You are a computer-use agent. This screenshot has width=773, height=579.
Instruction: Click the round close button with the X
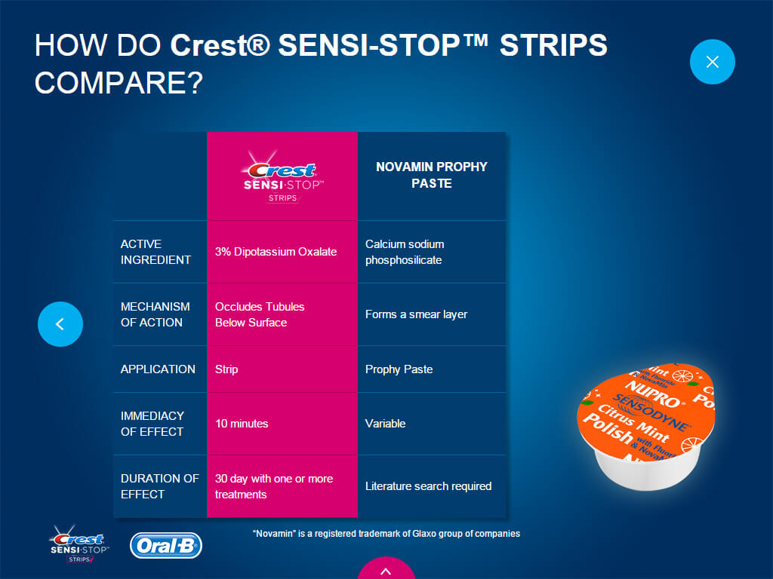712,62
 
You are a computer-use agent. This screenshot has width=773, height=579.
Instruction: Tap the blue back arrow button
60,324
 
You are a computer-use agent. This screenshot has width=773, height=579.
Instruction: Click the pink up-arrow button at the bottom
386,568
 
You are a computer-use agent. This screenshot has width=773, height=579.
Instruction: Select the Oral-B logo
166,546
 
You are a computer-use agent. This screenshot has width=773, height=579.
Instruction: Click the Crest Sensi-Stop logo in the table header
282,176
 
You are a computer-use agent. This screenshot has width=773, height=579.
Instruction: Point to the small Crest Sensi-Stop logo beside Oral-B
79,544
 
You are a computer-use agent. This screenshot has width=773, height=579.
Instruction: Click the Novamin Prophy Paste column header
431,175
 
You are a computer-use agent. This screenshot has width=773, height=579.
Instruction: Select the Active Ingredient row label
156,252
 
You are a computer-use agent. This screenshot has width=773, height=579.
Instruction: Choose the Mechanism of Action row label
155,314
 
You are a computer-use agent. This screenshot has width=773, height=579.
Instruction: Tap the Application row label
158,369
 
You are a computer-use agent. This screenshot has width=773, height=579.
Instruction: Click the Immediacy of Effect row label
152,424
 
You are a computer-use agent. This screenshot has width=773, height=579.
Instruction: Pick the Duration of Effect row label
160,486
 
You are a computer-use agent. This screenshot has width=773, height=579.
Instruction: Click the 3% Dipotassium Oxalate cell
276,252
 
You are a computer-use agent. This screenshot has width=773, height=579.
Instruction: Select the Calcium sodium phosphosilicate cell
405,252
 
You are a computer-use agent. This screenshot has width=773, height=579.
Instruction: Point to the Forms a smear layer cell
416,314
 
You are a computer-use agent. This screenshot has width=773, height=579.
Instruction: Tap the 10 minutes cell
242,424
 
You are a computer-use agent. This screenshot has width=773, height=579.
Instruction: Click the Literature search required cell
428,486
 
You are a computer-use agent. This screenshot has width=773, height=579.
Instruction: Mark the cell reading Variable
385,424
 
